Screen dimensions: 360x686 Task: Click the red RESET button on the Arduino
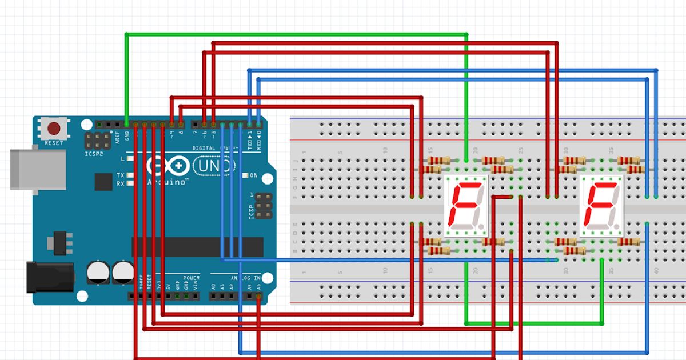click(55, 128)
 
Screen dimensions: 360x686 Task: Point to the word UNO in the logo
click(214, 166)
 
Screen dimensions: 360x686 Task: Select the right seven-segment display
click(601, 206)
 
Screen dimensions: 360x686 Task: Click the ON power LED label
click(253, 175)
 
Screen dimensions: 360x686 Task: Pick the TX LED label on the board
click(120, 175)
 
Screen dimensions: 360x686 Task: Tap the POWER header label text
click(192, 277)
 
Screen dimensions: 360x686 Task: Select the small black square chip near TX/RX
click(103, 182)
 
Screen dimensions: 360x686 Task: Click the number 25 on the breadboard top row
click(521, 150)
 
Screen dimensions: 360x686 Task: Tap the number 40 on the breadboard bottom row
click(656, 271)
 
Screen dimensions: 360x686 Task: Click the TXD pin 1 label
click(249, 139)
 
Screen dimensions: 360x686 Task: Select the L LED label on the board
click(122, 158)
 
